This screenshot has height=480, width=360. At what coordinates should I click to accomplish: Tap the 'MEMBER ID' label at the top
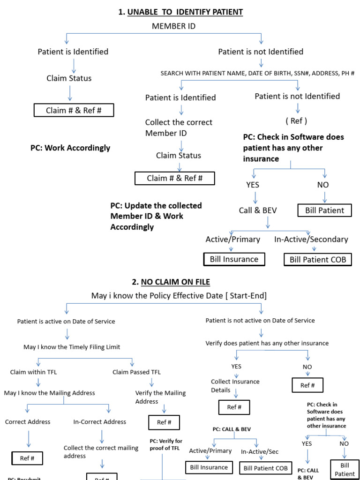tap(173, 26)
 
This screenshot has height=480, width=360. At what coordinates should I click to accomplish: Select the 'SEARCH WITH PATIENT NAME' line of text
tap(257, 73)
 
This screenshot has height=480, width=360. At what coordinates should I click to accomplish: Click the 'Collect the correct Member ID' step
tap(179, 127)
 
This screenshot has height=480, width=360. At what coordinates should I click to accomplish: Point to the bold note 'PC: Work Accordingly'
tap(70, 148)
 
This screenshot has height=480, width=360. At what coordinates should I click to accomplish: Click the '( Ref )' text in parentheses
tap(296, 120)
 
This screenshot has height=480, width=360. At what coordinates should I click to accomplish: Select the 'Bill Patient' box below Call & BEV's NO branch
tap(324, 210)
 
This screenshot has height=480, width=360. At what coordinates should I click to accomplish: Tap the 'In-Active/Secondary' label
tap(311, 239)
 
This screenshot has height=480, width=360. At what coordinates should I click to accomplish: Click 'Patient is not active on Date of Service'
tap(260, 320)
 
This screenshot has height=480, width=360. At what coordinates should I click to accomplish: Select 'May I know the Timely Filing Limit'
tap(72, 347)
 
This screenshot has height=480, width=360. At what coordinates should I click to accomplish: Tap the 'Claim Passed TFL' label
tap(136, 372)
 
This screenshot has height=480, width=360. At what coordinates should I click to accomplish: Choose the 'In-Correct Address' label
tap(100, 421)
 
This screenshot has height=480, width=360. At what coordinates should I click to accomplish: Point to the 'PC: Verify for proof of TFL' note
tap(166, 444)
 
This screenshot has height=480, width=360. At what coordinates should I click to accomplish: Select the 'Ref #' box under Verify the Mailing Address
tap(164, 422)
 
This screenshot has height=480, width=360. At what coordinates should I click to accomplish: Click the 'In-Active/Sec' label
tap(260, 451)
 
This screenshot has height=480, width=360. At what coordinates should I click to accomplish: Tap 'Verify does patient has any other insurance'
tap(267, 343)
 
